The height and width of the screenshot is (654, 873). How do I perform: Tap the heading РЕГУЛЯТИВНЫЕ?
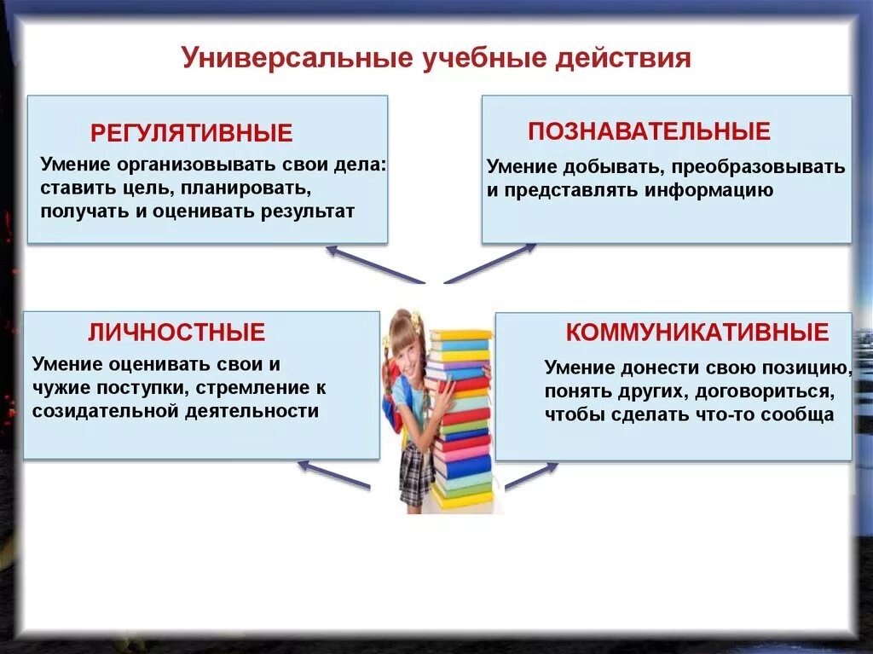191,133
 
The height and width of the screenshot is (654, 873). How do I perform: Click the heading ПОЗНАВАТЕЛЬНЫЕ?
649,131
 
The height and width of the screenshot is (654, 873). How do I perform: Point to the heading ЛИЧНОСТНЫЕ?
176,333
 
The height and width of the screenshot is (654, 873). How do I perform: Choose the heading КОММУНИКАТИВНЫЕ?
697,333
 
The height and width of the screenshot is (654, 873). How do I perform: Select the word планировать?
241,187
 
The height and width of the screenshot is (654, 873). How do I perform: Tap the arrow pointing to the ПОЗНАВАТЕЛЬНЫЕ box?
490,263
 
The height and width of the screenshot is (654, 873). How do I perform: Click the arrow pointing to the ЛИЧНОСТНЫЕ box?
333,475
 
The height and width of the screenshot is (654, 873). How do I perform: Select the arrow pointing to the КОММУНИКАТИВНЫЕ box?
531,475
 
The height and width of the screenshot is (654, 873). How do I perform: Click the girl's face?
402,344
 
